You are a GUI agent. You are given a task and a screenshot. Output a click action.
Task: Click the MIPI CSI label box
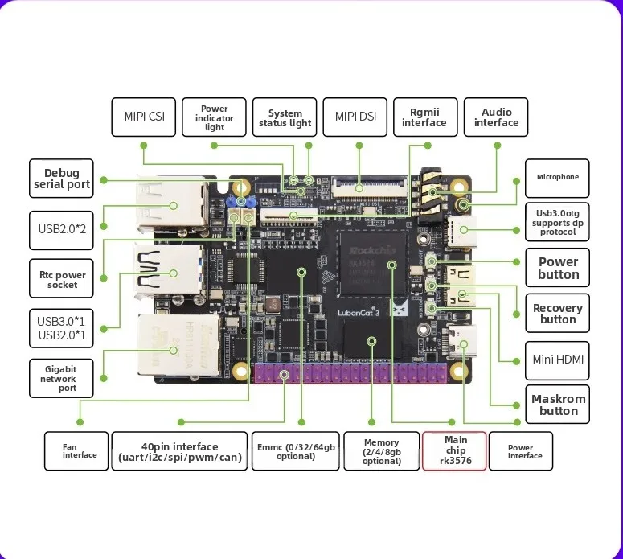point(144,117)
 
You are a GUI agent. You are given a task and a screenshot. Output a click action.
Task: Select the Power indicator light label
point(215,117)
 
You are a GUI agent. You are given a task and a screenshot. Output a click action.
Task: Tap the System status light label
point(285,117)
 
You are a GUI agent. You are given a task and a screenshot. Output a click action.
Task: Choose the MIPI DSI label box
point(355,117)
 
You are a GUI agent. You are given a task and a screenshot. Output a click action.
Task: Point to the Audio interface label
point(496,117)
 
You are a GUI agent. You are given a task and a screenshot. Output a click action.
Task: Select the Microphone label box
point(557,177)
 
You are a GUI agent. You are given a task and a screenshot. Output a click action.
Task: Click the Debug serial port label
point(61,179)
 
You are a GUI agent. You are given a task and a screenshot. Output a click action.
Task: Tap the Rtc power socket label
point(61,279)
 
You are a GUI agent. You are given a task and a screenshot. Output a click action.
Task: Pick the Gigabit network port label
point(61,378)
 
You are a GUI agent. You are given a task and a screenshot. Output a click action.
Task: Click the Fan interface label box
point(76,451)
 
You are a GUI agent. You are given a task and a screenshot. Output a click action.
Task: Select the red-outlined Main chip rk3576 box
point(454,451)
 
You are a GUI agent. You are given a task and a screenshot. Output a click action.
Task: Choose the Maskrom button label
point(558,405)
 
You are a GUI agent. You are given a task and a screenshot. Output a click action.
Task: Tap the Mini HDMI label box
point(558,360)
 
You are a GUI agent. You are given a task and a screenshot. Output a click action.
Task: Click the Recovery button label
point(558,314)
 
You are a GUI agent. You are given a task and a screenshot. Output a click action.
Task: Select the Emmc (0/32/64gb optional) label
point(296,451)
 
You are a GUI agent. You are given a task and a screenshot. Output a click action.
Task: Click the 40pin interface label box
point(179,451)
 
